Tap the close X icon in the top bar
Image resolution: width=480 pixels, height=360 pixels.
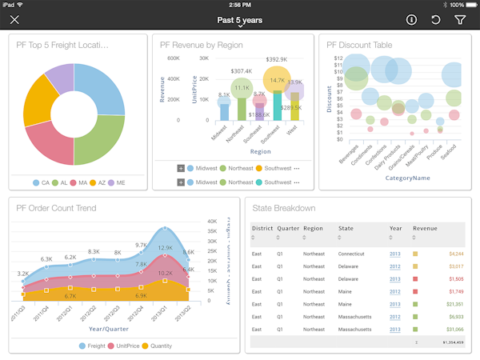[14, 20]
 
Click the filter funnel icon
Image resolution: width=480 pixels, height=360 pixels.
[460, 20]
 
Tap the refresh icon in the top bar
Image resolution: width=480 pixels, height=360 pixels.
[435, 20]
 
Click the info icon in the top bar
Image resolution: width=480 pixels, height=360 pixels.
[411, 20]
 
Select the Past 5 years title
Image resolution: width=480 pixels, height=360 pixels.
[239, 20]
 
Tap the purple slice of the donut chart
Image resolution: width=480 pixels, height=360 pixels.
[61, 77]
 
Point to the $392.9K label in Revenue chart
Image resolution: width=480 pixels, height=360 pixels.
[277, 59]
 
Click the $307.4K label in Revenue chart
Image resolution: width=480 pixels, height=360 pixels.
[242, 71]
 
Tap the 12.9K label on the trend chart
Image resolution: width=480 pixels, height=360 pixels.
[165, 247]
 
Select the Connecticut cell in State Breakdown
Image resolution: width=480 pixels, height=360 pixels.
[351, 254]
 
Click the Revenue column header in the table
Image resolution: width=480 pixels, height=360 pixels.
[425, 227]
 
